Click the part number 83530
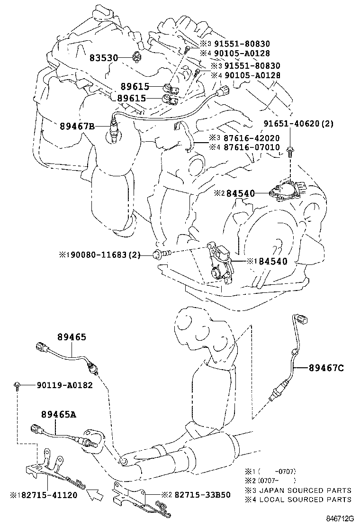103,57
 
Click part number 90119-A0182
64,386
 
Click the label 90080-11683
103,255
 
